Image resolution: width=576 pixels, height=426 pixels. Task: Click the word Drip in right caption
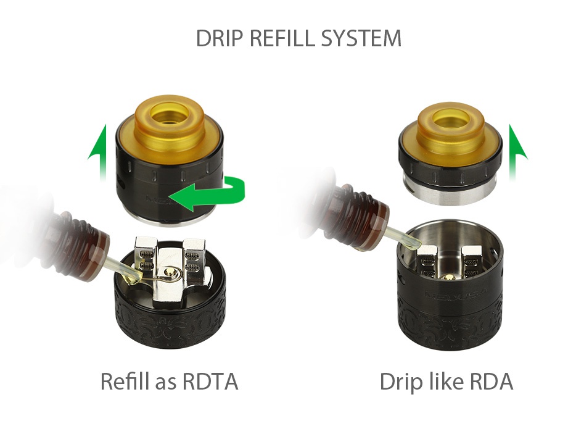[x=400, y=382]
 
